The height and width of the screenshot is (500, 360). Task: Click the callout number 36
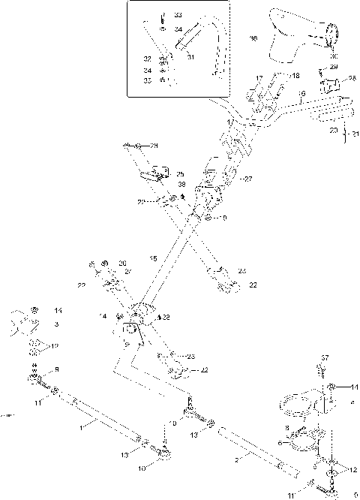[253, 38]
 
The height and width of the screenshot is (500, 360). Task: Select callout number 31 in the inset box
[190, 56]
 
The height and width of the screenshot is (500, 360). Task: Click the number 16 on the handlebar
[301, 95]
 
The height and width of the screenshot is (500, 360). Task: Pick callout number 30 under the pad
[333, 56]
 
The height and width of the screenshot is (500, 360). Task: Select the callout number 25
[180, 173]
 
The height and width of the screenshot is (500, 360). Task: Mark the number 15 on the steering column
[153, 258]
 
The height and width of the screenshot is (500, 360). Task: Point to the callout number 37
[325, 357]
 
